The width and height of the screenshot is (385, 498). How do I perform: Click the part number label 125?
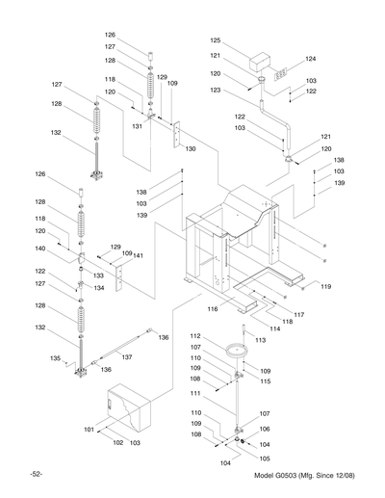tap(216, 41)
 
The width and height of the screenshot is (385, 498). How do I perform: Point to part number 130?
tap(191, 149)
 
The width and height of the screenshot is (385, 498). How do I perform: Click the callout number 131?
tap(138, 126)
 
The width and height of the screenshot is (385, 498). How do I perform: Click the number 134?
tap(100, 287)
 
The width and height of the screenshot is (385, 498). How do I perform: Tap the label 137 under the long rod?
tap(126, 356)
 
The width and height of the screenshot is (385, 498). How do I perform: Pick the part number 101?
tap(89, 429)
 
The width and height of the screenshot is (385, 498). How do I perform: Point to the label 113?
tap(260, 341)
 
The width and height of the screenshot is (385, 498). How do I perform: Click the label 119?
tap(326, 286)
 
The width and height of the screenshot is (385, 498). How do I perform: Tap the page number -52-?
tap(35, 477)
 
